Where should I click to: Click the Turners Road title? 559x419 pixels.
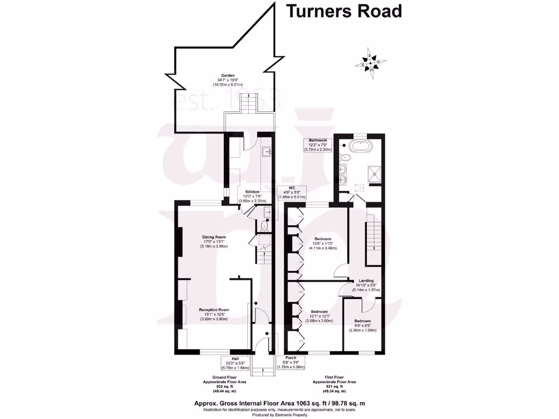click(x=344, y=11)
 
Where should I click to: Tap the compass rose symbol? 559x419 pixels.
click(x=371, y=63)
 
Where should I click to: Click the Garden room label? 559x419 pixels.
click(x=228, y=80)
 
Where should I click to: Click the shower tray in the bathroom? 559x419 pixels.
click(x=372, y=173)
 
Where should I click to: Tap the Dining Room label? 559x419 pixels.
click(x=214, y=242)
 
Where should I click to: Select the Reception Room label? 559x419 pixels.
click(x=214, y=314)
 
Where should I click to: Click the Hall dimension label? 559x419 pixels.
click(x=235, y=363)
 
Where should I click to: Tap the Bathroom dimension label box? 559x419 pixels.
click(x=318, y=145)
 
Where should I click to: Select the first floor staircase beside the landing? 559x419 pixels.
click(x=373, y=240)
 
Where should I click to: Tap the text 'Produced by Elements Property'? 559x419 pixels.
click(x=279, y=415)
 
